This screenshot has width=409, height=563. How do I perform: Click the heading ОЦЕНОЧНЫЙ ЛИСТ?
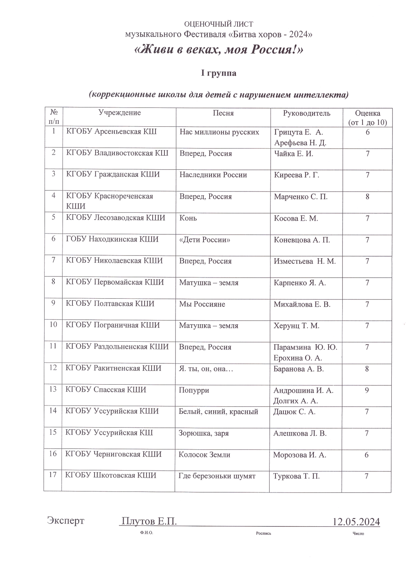point(218,24)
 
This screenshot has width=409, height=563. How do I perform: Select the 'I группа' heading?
point(218,73)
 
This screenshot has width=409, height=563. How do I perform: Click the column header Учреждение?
point(120,113)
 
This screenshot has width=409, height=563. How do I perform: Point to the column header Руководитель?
point(307,113)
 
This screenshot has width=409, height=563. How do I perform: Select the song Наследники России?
point(213,175)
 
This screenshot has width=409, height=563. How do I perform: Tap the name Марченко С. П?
point(301,197)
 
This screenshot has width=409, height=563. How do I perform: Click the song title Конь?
point(188,218)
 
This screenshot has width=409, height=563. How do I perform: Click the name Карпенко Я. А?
point(300,283)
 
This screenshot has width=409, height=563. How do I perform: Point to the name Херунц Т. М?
point(296,325)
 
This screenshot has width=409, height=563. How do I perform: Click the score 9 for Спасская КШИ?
point(367,390)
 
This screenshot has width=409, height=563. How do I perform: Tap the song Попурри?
point(194,390)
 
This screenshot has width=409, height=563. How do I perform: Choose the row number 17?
point(53,475)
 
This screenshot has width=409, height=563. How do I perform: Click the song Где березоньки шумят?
point(217,476)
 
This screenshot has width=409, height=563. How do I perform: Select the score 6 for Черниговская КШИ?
point(366,455)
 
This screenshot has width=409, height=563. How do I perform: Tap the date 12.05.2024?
point(356,521)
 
